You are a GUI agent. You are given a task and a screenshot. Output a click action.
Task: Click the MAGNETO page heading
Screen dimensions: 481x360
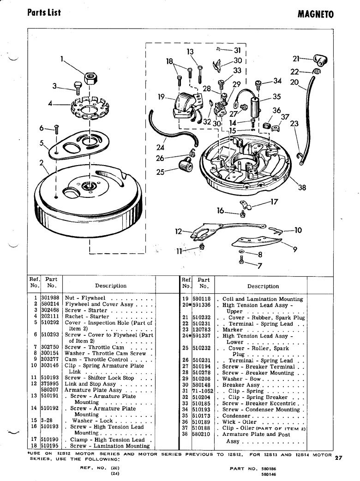[315, 14]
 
